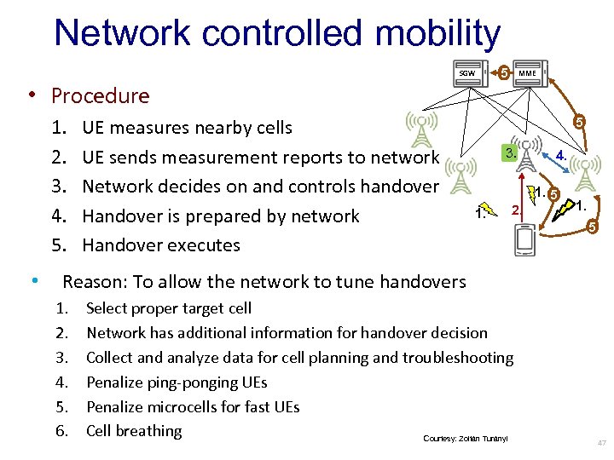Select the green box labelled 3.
pyautogui.click(x=508, y=154)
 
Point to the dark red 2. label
pyautogui.click(x=514, y=210)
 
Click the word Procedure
pyautogui.click(x=100, y=95)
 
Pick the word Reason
pyautogui.click(x=90, y=281)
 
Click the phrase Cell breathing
pyautogui.click(x=134, y=431)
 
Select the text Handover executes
pyautogui.click(x=161, y=244)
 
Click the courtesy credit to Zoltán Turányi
pyautogui.click(x=466, y=438)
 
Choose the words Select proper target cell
pyautogui.click(x=169, y=308)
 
